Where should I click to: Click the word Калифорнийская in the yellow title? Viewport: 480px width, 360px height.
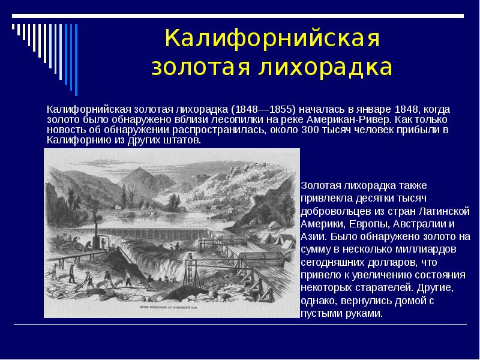[x=273, y=40]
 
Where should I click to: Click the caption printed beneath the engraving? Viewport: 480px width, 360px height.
[x=172, y=311]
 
